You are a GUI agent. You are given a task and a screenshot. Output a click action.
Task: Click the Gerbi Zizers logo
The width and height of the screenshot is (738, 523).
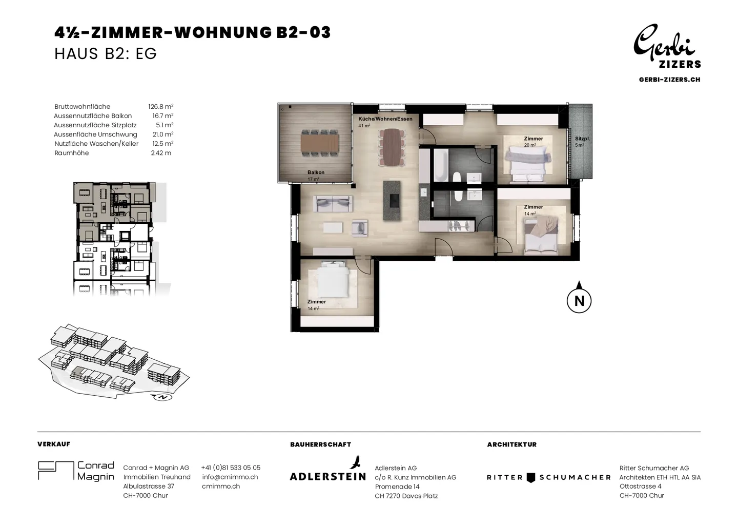click(x=667, y=46)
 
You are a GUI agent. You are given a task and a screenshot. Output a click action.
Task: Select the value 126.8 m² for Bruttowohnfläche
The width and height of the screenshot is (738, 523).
click(x=161, y=107)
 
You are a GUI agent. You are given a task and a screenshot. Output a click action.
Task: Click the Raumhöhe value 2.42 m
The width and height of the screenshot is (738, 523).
click(x=161, y=153)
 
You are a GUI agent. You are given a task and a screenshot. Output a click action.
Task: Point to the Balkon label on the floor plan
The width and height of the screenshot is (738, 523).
click(x=316, y=172)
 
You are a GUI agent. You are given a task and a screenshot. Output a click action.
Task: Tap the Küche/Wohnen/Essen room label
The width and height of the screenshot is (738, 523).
click(x=385, y=119)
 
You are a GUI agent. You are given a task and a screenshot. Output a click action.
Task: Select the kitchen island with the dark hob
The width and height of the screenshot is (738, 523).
click(x=392, y=201)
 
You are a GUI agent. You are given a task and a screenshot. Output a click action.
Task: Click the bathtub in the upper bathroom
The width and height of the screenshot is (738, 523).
click(x=441, y=165)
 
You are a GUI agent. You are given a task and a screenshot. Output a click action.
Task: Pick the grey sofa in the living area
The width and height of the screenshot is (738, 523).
click(x=333, y=203)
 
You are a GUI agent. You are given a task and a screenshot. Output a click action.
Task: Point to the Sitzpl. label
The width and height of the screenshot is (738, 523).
click(x=583, y=139)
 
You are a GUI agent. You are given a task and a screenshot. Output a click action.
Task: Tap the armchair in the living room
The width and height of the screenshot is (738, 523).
click(x=359, y=228)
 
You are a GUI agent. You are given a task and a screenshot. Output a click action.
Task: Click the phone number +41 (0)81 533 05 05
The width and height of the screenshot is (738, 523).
click(x=231, y=468)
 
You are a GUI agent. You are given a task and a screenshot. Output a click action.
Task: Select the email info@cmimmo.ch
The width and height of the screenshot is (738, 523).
click(x=230, y=477)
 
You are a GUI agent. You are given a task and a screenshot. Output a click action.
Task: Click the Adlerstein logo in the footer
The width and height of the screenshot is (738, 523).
click(x=328, y=468)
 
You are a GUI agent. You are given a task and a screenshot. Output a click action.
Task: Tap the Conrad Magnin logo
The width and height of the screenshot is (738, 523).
click(x=76, y=471)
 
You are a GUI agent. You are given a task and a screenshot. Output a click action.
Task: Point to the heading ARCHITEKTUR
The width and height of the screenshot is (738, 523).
click(x=511, y=444)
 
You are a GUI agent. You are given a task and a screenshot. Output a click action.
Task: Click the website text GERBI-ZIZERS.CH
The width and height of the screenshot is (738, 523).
click(x=669, y=80)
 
